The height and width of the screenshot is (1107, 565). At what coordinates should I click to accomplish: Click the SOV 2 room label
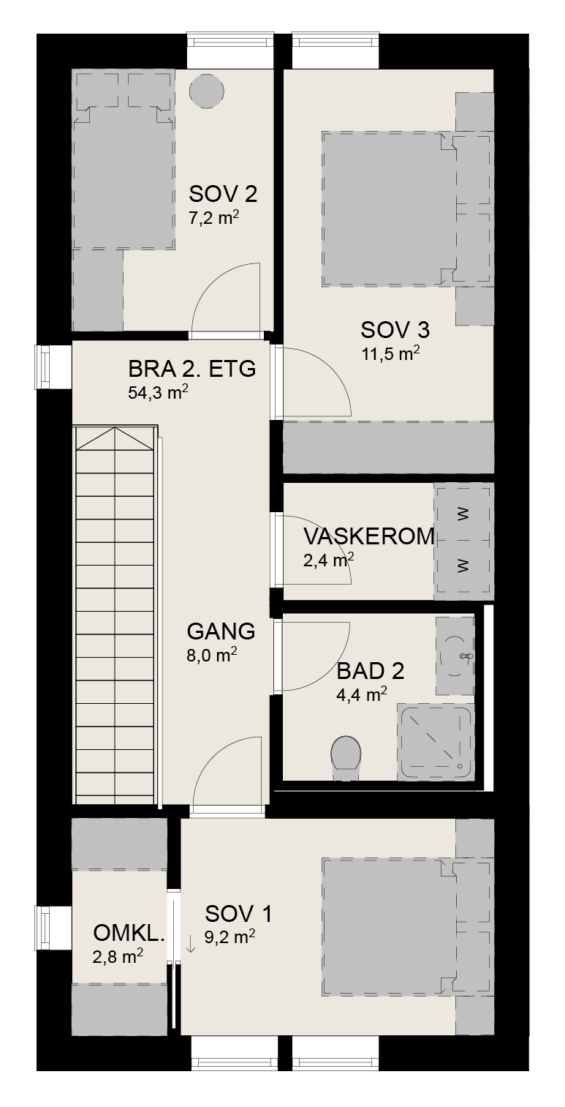[x=223, y=194]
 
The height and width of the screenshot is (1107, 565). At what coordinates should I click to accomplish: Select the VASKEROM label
[x=369, y=536]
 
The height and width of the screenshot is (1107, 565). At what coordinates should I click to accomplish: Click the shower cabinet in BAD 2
[x=436, y=742]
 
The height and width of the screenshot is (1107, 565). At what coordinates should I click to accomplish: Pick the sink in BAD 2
[x=455, y=656]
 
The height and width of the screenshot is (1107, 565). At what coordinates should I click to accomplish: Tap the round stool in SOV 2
[x=207, y=91]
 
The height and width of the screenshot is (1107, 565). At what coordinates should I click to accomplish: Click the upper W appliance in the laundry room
[x=463, y=514]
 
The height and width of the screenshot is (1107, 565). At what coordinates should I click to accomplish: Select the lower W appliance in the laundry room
[x=463, y=566]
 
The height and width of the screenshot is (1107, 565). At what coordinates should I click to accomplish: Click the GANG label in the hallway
[x=221, y=631]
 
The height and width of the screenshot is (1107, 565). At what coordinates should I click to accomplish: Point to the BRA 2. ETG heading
[x=192, y=369]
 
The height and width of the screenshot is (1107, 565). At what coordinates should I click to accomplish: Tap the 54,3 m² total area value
[x=158, y=392]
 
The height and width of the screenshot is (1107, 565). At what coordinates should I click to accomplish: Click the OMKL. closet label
[x=129, y=933]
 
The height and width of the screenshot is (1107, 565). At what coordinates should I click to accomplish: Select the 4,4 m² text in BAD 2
[x=362, y=694]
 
